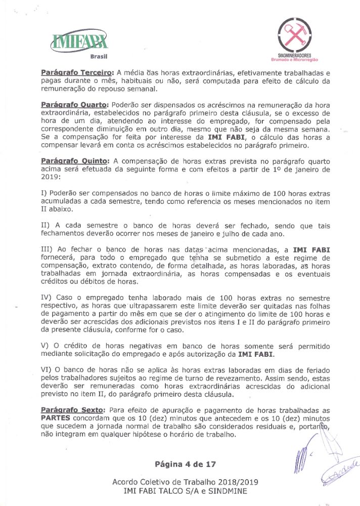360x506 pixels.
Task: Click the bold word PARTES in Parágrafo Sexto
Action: (58, 418)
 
